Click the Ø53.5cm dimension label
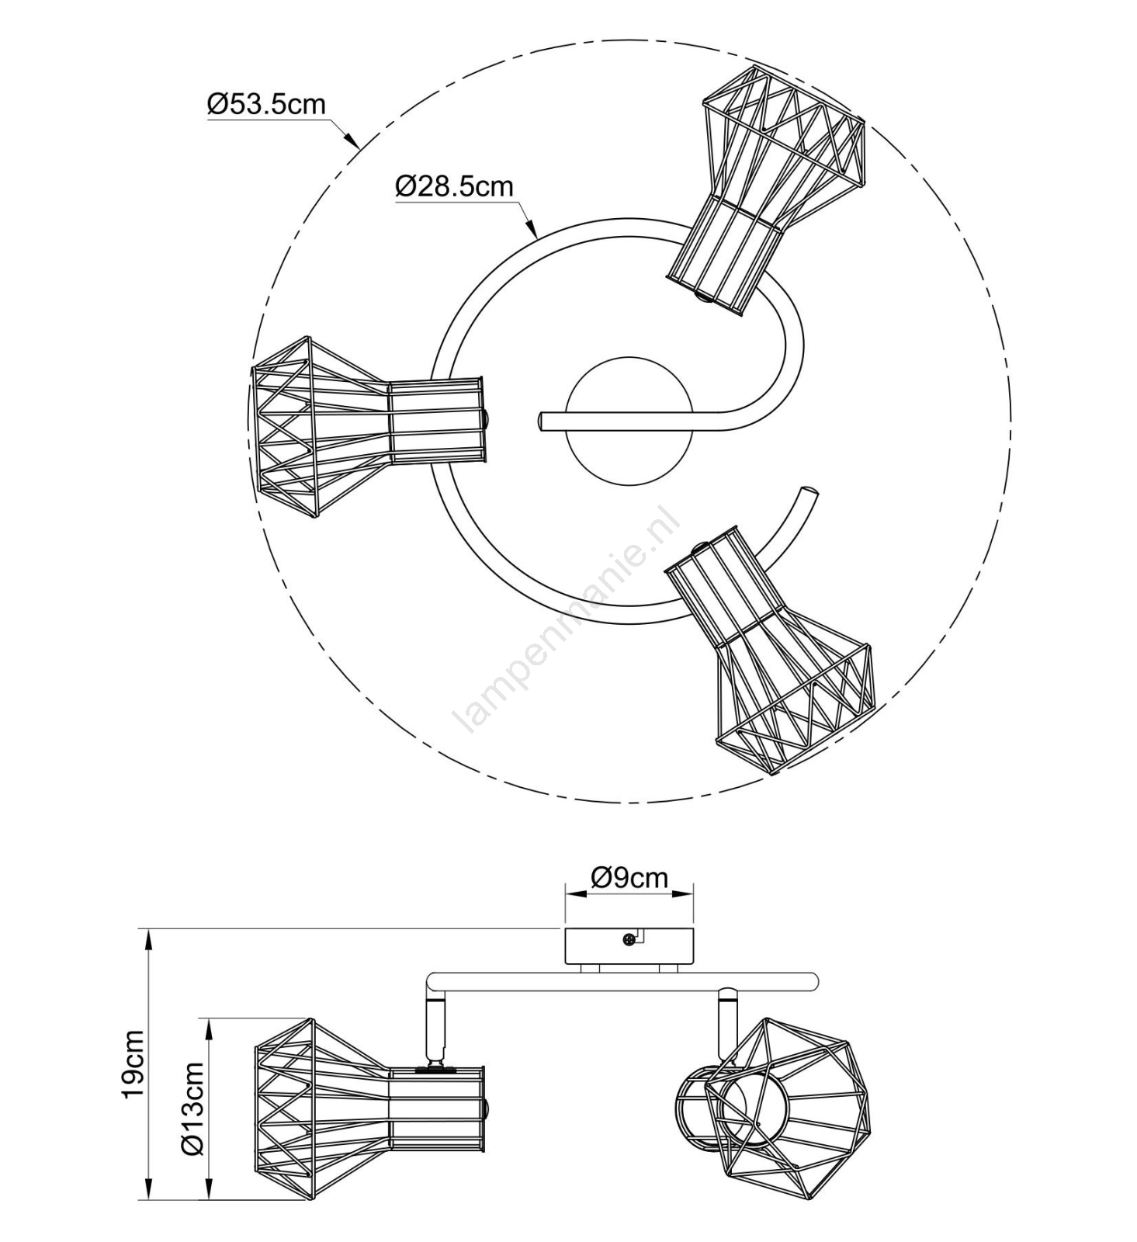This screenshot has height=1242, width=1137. point(266,104)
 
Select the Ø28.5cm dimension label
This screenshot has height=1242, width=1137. point(454,186)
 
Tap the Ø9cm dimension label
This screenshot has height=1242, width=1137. point(629,877)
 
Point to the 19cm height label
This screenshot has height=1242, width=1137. point(133,1063)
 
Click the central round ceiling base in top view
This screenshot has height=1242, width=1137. point(629,422)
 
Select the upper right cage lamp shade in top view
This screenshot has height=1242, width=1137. point(766,189)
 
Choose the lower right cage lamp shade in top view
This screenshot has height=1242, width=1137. point(769,650)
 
